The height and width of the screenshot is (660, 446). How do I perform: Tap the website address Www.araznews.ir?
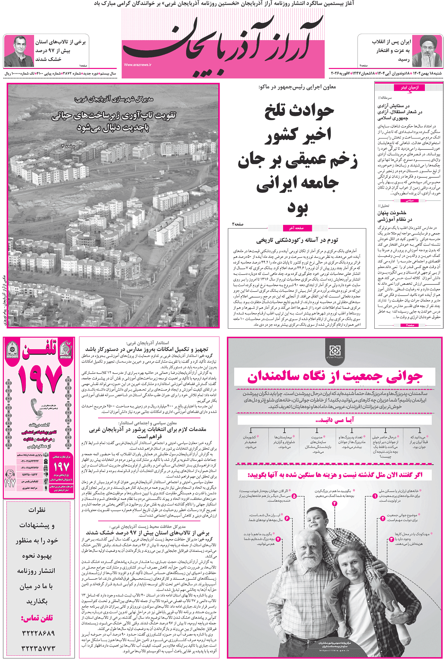tap(138, 64)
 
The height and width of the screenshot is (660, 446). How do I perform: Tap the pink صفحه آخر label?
tap(296, 228)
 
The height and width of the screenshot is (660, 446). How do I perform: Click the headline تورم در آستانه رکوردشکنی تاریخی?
tap(297, 240)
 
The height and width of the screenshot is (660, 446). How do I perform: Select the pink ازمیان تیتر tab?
tap(409, 87)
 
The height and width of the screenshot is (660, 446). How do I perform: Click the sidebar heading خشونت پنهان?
tap(392, 212)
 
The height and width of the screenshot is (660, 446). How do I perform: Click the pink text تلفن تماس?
tap(37, 618)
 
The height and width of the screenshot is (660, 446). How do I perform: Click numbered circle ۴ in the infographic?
tap(334, 503)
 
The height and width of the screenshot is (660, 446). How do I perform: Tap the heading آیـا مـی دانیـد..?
tap(335, 420)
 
